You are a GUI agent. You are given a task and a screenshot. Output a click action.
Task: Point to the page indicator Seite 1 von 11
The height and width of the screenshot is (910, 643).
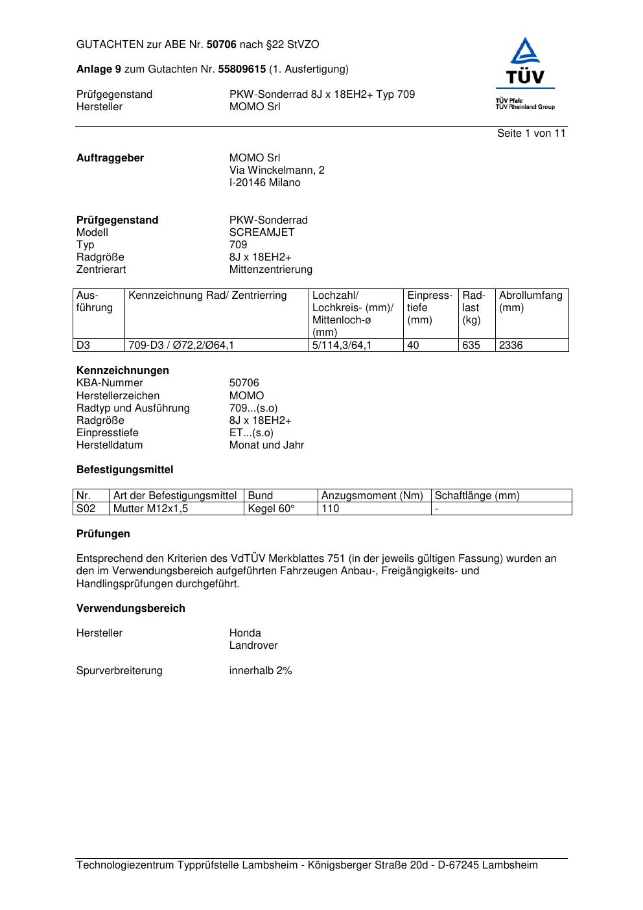coord(531,134)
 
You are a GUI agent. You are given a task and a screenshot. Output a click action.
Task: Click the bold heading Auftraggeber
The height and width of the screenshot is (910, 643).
coord(110,158)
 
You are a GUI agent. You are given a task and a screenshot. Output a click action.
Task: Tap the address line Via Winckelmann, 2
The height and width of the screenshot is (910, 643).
coord(277,170)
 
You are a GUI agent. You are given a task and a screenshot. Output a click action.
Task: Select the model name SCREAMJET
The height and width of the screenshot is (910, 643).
coord(262,233)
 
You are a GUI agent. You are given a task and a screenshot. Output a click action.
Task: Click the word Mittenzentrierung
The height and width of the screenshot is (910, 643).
coord(270,270)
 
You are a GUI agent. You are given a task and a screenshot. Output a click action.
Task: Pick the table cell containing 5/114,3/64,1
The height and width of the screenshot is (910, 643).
coord(342,345)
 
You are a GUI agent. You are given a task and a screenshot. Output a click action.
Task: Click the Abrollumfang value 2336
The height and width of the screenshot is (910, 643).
coord(511,345)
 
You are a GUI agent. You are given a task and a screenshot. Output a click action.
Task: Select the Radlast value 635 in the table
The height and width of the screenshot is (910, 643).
coord(471,345)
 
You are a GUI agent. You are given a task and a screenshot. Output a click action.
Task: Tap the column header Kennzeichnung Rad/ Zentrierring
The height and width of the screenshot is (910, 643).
coord(207,296)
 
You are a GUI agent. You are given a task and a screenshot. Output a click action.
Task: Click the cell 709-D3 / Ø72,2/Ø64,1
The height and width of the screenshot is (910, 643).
coord(181,345)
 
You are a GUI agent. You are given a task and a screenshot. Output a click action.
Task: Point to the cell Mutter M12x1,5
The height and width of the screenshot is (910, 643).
coord(150,509)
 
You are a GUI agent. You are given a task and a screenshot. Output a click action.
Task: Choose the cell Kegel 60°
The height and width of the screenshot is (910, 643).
coord(272,509)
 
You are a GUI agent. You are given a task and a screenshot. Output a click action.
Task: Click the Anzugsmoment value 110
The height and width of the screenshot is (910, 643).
coord(331,509)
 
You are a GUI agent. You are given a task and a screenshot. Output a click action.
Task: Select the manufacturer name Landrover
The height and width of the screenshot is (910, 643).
coord(253,646)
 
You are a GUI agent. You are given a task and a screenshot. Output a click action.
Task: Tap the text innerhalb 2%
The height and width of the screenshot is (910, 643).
coord(261,671)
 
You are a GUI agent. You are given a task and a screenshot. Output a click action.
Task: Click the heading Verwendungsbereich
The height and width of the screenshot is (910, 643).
coord(131,609)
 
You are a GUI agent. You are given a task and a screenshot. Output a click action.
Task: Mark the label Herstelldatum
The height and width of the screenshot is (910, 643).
coord(110,445)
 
